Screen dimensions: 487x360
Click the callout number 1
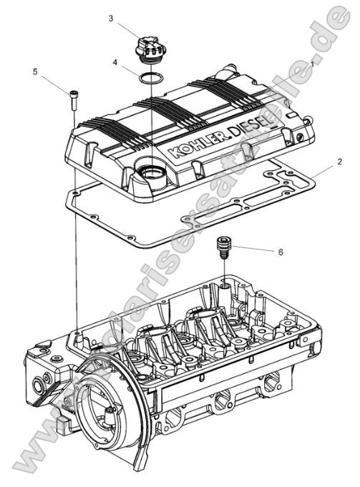pyautogui.click(x=312, y=64)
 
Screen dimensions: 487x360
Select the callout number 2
pyautogui.click(x=339, y=162)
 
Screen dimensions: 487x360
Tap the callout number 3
pyautogui.click(x=111, y=18)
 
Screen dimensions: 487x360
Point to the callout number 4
pyautogui.click(x=115, y=62)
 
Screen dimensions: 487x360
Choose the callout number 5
pyautogui.click(x=34, y=72)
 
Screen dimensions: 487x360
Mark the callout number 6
pyautogui.click(x=280, y=252)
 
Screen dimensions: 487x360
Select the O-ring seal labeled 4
pyautogui.click(x=149, y=77)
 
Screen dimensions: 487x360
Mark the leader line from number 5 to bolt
pyautogui.click(x=56, y=83)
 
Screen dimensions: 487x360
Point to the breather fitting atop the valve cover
pyautogui.click(x=229, y=71)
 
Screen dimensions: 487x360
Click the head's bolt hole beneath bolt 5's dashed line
pyautogui.click(x=76, y=333)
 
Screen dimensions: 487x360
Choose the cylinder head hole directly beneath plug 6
pyautogui.click(x=225, y=287)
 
